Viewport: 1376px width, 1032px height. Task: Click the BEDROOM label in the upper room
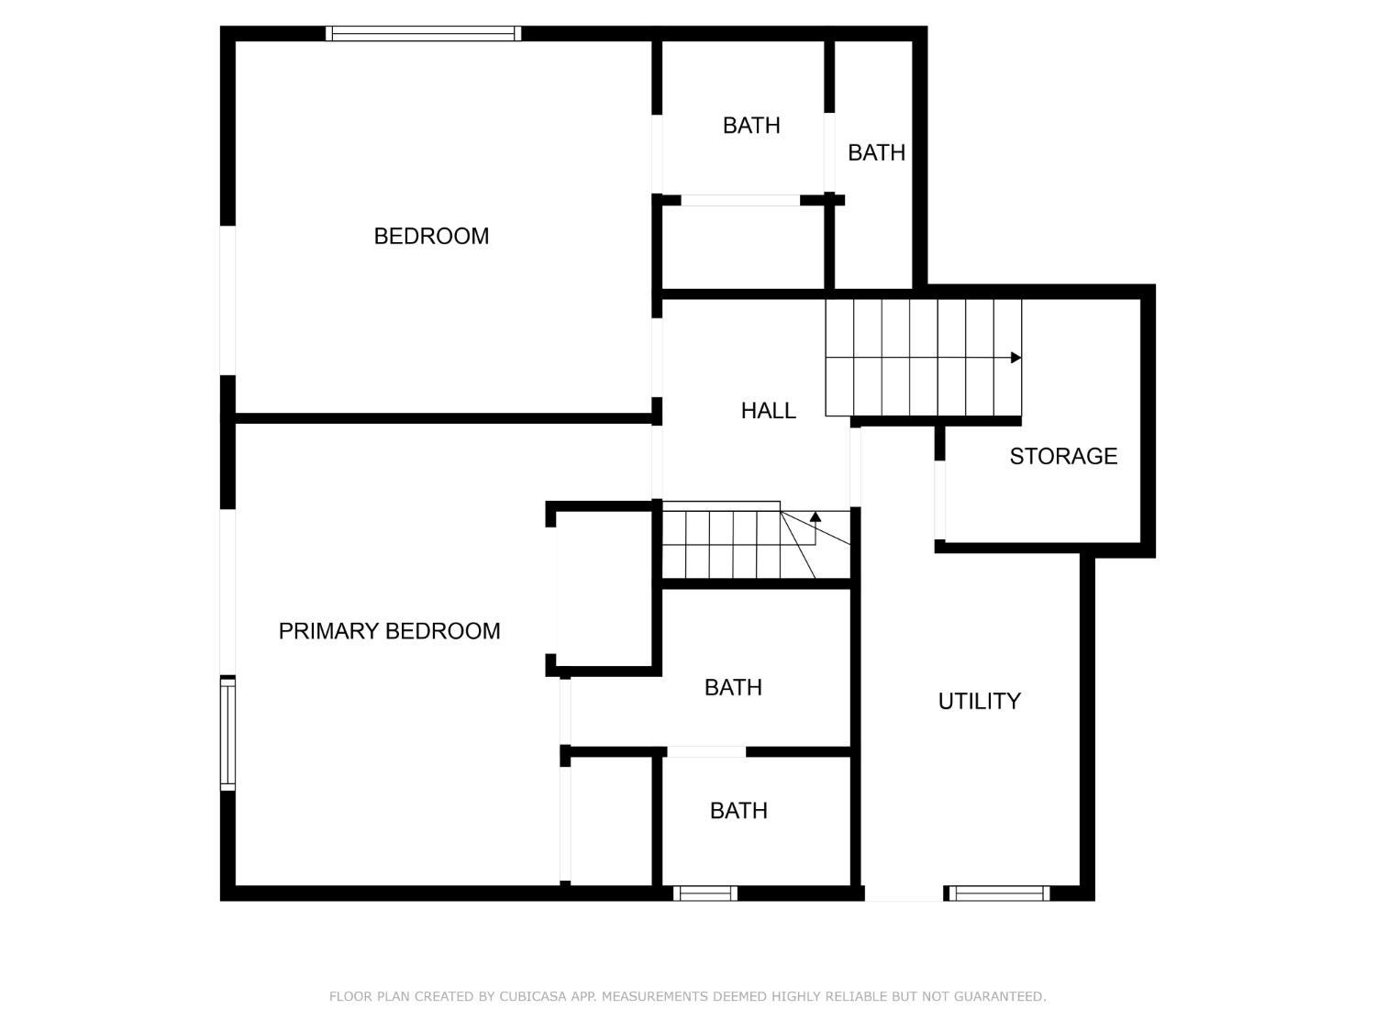pyautogui.click(x=431, y=236)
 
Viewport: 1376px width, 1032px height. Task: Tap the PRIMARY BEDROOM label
pyautogui.click(x=389, y=631)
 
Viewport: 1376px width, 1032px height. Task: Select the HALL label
pyautogui.click(x=768, y=410)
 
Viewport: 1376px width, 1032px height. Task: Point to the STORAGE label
pyautogui.click(x=1063, y=456)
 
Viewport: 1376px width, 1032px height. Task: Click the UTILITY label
pyautogui.click(x=979, y=701)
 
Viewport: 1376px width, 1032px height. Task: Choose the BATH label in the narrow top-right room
pyautogui.click(x=876, y=152)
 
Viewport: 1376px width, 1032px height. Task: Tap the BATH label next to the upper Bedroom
pyautogui.click(x=751, y=125)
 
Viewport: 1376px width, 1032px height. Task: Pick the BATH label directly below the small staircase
pyautogui.click(x=733, y=687)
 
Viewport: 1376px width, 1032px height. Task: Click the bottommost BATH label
pyautogui.click(x=738, y=810)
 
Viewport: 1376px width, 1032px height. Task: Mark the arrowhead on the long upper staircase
pyautogui.click(x=1015, y=358)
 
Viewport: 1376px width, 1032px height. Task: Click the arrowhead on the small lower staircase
pyautogui.click(x=816, y=517)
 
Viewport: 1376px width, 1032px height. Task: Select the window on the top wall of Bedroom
pyautogui.click(x=423, y=34)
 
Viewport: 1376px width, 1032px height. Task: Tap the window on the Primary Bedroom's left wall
pyautogui.click(x=227, y=733)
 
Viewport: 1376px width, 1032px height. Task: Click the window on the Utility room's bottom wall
pyautogui.click(x=998, y=893)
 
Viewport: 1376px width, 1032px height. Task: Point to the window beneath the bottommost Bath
pyautogui.click(x=705, y=893)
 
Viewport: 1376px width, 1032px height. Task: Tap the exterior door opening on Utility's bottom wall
pyautogui.click(x=904, y=893)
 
